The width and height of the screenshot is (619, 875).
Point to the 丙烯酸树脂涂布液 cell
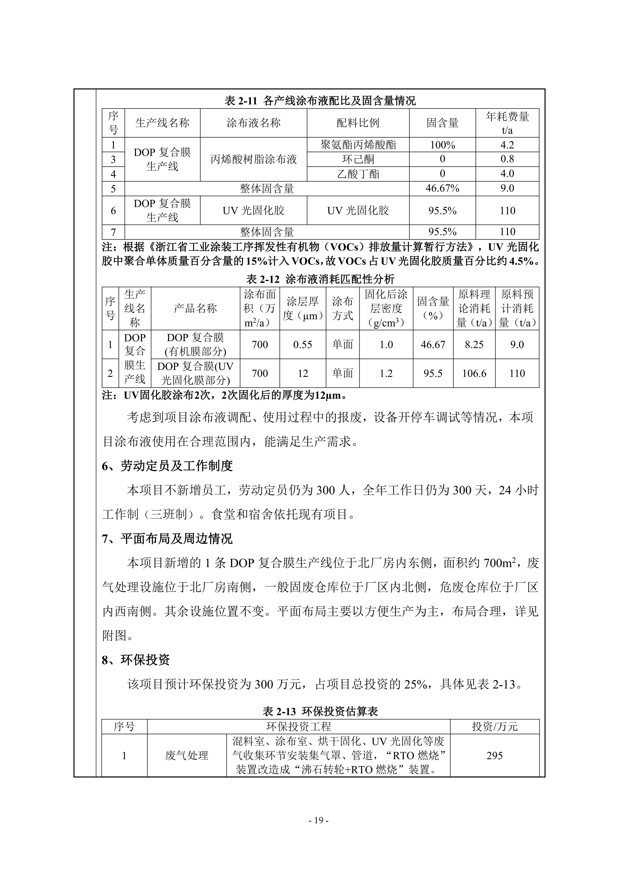coord(253,159)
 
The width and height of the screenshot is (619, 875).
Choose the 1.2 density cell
coord(386,373)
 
